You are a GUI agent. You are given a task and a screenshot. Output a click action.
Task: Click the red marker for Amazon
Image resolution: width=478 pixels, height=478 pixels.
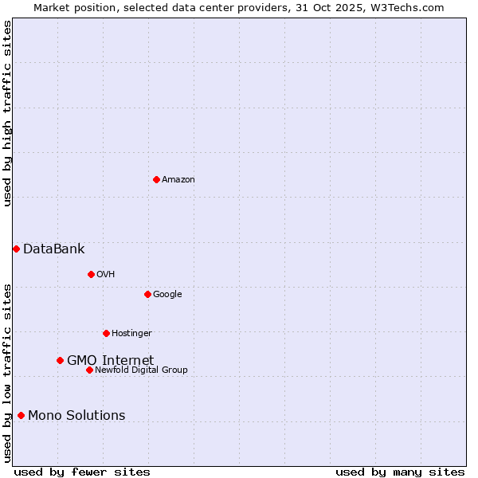(x=156, y=179)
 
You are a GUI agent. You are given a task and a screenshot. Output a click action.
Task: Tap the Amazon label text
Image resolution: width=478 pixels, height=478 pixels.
(x=178, y=179)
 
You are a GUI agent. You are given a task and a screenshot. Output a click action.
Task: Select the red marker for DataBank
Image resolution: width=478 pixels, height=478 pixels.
(x=16, y=249)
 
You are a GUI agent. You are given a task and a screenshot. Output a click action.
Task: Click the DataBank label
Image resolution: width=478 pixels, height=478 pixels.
(x=53, y=249)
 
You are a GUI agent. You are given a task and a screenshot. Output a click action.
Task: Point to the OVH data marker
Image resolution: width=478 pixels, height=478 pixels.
(x=91, y=274)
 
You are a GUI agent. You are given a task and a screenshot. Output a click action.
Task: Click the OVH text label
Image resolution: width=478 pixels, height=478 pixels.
(x=106, y=274)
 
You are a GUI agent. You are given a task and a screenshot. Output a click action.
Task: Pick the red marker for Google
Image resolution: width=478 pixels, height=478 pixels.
(x=147, y=294)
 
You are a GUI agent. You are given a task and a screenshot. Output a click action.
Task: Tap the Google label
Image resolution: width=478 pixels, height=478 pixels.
(x=167, y=294)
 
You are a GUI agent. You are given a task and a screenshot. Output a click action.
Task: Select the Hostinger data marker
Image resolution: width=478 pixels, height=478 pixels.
(x=106, y=333)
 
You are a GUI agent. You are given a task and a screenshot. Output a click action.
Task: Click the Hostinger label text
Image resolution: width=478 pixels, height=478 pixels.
(x=131, y=333)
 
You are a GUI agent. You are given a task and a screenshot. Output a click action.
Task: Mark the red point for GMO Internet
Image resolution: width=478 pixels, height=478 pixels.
(x=60, y=360)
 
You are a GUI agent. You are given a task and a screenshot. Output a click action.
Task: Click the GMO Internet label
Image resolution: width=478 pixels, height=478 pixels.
(x=110, y=360)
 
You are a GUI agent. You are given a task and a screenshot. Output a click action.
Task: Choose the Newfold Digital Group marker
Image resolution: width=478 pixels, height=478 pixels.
(x=89, y=370)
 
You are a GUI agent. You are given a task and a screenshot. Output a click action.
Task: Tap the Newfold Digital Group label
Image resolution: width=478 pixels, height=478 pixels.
(x=141, y=370)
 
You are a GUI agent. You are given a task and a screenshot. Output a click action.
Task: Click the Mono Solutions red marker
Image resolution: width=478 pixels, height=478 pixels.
(x=21, y=415)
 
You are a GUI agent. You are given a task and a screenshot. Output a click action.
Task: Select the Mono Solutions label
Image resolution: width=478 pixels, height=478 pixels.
(x=76, y=415)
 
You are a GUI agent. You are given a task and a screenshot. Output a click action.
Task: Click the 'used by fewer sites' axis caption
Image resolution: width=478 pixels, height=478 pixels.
(x=82, y=472)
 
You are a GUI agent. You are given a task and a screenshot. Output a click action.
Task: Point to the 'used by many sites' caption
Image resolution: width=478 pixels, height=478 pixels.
(x=400, y=472)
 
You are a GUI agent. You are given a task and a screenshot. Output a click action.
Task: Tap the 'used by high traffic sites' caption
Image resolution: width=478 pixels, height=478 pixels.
(x=7, y=113)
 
